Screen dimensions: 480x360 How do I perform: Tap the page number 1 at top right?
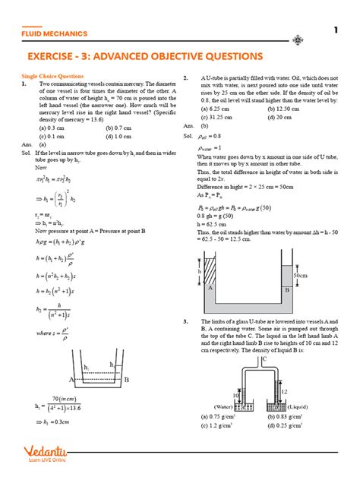click(x=335, y=30)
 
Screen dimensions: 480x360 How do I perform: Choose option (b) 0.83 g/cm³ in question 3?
click(x=287, y=416)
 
